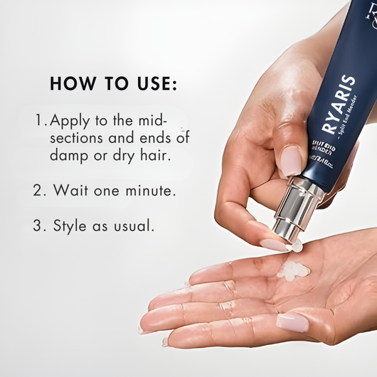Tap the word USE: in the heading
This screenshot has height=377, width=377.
[150, 83]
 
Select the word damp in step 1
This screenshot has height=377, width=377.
[70, 155]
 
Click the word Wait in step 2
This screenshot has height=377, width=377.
[70, 191]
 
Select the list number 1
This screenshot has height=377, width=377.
[39, 119]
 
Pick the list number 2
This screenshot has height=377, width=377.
[39, 191]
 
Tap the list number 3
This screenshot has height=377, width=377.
[39, 227]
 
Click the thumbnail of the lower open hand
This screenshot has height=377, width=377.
[292, 322]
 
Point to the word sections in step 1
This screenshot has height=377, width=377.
[78, 137]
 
